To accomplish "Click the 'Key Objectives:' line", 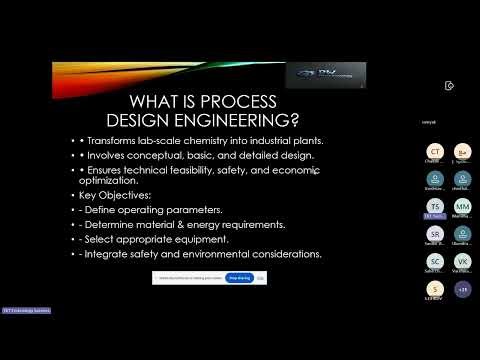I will (116, 195).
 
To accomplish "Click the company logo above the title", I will (325, 75).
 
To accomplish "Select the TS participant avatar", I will (435, 206).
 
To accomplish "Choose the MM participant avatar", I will (462, 206).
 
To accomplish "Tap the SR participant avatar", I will (435, 234).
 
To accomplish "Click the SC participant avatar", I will (435, 261).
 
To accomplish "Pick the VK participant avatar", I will (462, 261).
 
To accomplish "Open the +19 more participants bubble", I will (462, 289).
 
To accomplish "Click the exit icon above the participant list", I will (450, 85).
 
